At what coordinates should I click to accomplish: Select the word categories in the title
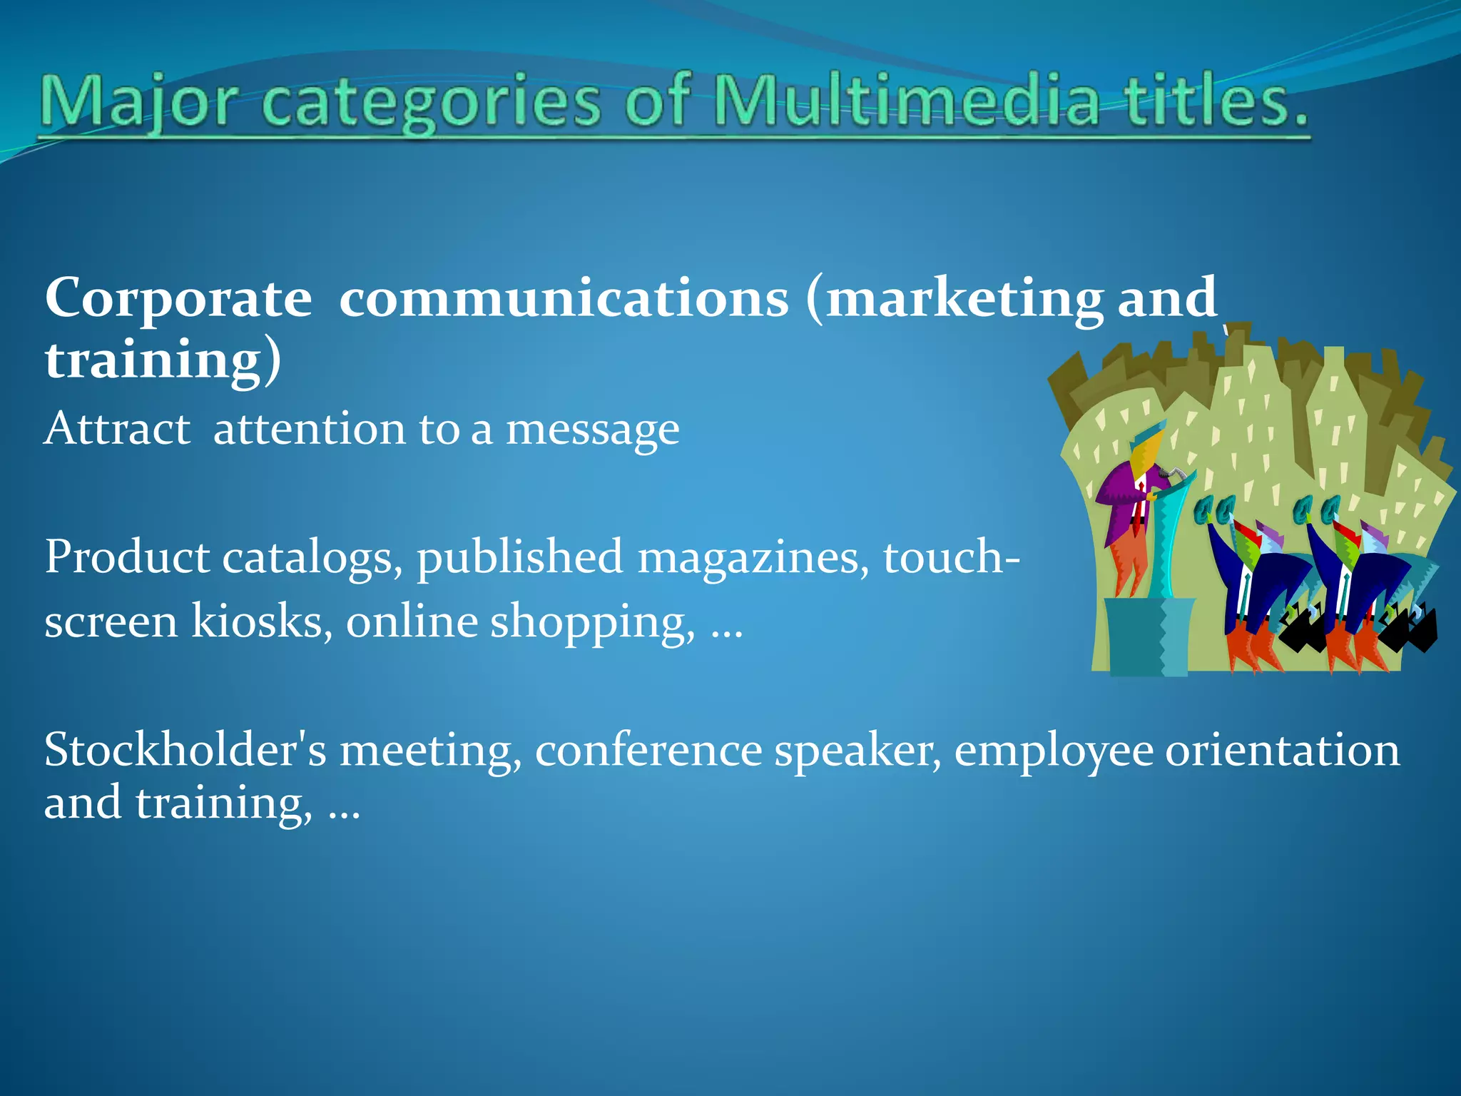click(x=432, y=103)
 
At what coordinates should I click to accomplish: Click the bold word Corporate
click(x=178, y=298)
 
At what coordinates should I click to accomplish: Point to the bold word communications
click(x=564, y=298)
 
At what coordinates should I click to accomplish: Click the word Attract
click(x=117, y=429)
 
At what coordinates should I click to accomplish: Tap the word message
click(x=592, y=430)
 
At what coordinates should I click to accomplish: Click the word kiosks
click(x=261, y=621)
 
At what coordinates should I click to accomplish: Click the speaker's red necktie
click(x=1141, y=499)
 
